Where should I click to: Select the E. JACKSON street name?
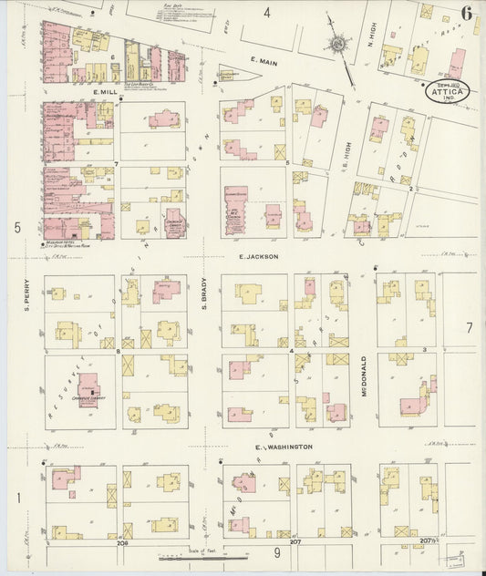tap(258, 258)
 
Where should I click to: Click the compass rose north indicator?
tap(339, 43)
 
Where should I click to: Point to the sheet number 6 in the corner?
tap(466, 13)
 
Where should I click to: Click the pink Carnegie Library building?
tap(89, 386)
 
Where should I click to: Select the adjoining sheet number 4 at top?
tap(267, 13)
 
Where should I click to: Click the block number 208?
tap(122, 542)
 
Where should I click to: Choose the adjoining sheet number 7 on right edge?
tap(470, 327)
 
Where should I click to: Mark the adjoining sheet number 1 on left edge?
tap(17, 498)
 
